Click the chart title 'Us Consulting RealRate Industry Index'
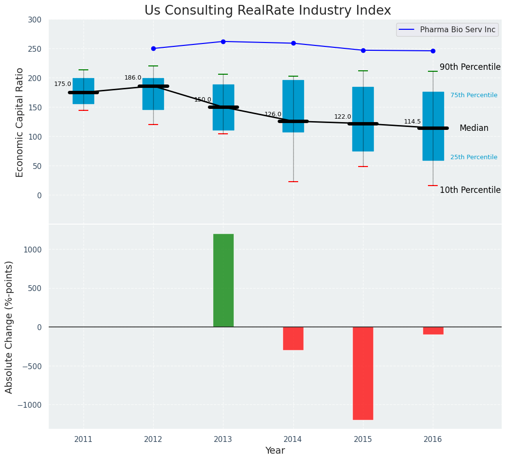pyautogui.click(x=267, y=11)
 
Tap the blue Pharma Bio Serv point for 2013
pyautogui.click(x=223, y=42)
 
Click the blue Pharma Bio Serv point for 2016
pyautogui.click(x=433, y=51)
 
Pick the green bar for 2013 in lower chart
pyautogui.click(x=223, y=280)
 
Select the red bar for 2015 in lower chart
pyautogui.click(x=363, y=373)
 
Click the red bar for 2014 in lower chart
pyautogui.click(x=293, y=338)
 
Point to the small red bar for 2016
pyautogui.click(x=433, y=331)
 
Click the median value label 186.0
pyautogui.click(x=133, y=78)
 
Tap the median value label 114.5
pyautogui.click(x=412, y=122)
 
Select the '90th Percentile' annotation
pyautogui.click(x=470, y=67)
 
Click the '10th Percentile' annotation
pyautogui.click(x=470, y=190)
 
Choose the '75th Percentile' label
pyautogui.click(x=474, y=95)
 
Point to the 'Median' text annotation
pyautogui.click(x=474, y=128)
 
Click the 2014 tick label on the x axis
pyautogui.click(x=293, y=439)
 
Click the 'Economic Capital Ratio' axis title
pyautogui.click(x=20, y=122)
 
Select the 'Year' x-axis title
pyautogui.click(x=275, y=451)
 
